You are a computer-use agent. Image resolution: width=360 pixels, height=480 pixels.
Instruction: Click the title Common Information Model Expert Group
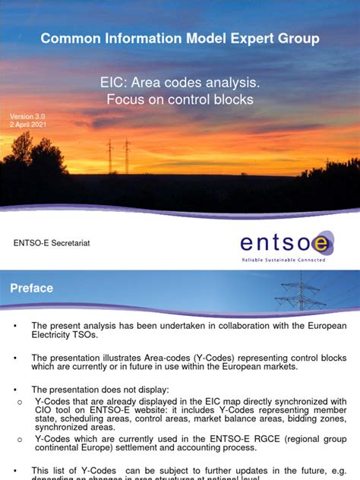pyautogui.click(x=180, y=38)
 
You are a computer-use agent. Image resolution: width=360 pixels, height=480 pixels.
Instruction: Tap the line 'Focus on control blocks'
pyautogui.click(x=179, y=99)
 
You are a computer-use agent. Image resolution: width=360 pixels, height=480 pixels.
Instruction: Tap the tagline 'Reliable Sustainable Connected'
pyautogui.click(x=283, y=260)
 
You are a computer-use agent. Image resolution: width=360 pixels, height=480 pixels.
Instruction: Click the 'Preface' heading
pyautogui.click(x=31, y=289)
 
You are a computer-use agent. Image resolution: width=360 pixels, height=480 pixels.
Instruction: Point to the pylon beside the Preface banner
pyautogui.click(x=301, y=291)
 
